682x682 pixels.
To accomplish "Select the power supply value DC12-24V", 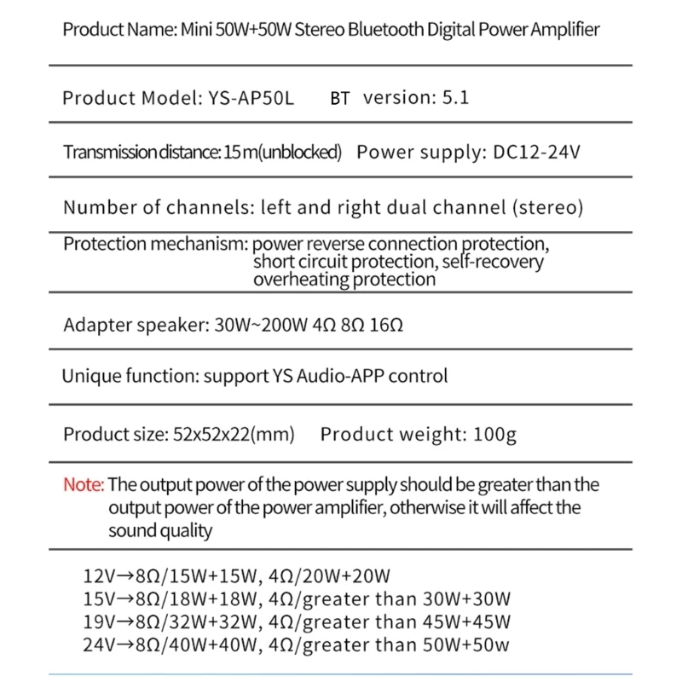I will (x=538, y=153).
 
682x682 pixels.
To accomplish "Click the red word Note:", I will (x=84, y=485).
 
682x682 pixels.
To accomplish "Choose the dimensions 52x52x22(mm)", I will (x=228, y=435).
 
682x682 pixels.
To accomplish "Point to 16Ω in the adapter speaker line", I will (x=391, y=325).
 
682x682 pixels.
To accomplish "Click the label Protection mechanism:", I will (x=155, y=244).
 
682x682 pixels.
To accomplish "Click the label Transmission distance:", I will (x=142, y=153).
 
